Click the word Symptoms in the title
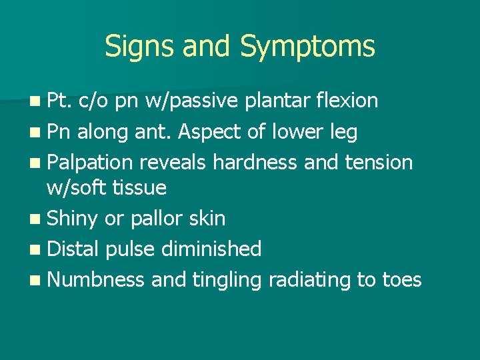(307, 47)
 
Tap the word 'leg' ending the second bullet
(343, 132)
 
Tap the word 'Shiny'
(73, 218)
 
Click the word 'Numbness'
(96, 279)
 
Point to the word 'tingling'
(227, 279)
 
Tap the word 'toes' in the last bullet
(402, 279)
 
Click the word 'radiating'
(309, 279)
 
